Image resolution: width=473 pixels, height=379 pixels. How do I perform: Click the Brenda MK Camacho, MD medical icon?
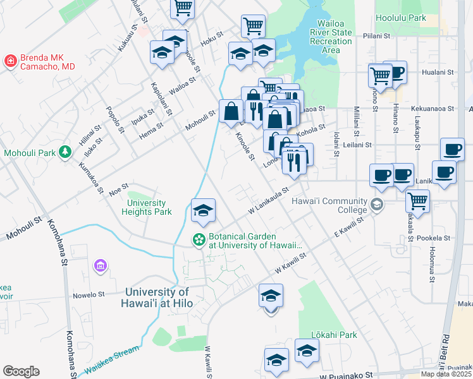click(11, 61)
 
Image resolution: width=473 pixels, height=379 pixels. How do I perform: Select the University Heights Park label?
click(147, 207)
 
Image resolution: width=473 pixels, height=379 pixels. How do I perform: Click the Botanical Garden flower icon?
click(199, 239)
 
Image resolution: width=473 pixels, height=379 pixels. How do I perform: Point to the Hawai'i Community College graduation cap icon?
click(377, 204)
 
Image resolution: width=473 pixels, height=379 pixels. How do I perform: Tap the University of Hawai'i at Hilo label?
click(157, 298)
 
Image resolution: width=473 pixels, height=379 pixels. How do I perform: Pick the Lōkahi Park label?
click(334, 335)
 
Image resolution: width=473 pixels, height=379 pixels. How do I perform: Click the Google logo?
click(21, 371)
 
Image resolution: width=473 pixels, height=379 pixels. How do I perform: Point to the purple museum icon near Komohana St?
click(100, 267)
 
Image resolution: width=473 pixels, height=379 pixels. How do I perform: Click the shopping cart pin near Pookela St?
click(417, 202)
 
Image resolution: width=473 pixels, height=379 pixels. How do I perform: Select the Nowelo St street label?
click(88, 294)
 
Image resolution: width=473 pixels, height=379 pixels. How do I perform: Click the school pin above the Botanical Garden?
click(203, 211)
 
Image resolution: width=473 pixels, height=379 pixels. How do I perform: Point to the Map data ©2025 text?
click(446, 374)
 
